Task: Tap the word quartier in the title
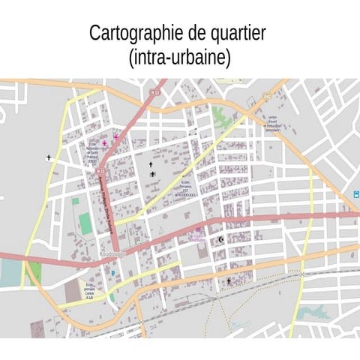(x=236, y=34)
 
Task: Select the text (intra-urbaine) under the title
(x=179, y=57)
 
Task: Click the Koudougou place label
(x=112, y=253)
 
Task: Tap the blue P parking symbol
(x=113, y=273)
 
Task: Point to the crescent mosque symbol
(x=220, y=240)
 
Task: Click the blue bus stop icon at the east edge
(x=355, y=195)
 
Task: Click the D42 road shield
(x=266, y=95)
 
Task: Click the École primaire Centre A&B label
(x=89, y=291)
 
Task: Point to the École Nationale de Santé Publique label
(x=92, y=154)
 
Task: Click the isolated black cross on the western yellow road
(x=49, y=157)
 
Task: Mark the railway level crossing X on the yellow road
(x=302, y=274)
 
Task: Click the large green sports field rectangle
(x=85, y=223)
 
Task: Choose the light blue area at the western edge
(x=10, y=274)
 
